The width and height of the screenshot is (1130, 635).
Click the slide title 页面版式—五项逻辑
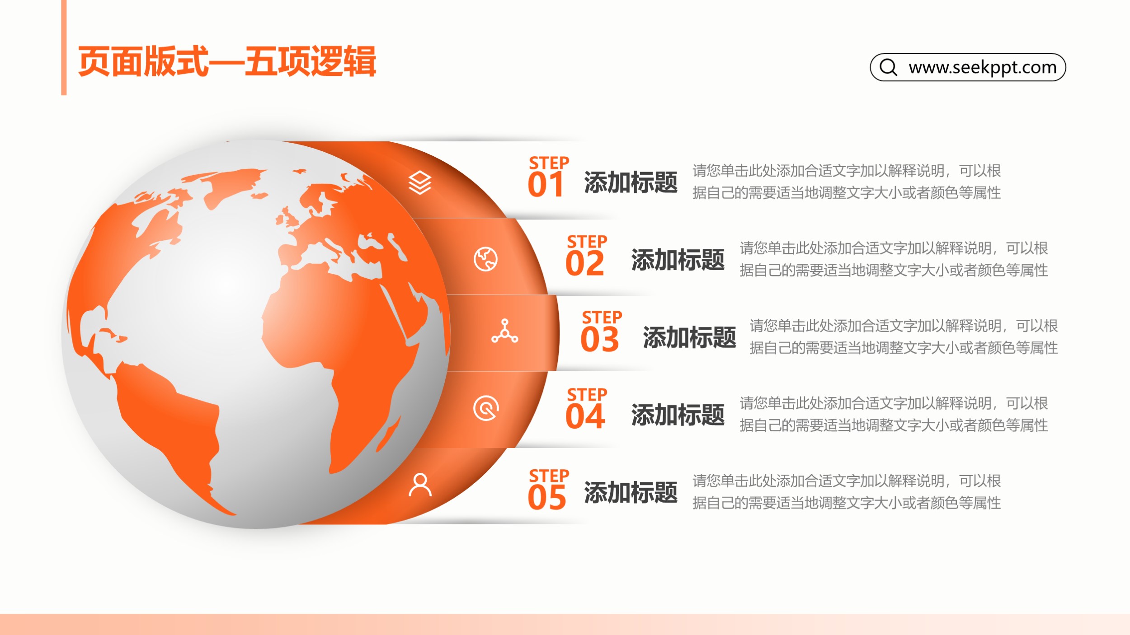point(227,61)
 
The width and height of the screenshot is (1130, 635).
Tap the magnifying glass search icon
point(888,67)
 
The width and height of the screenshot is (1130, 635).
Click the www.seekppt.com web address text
point(983,67)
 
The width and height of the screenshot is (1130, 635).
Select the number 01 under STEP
point(546,185)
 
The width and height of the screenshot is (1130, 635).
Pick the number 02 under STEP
point(585,263)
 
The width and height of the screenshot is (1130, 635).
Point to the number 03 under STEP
point(600,340)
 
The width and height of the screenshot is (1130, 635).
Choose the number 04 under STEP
point(585,416)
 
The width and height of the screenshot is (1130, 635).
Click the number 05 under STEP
point(547,497)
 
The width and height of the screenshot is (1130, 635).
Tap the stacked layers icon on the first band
point(420,182)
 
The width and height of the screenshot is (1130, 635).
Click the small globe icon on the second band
point(485,259)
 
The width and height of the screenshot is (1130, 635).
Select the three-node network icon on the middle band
point(505,331)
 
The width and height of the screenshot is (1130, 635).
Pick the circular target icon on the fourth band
point(486,408)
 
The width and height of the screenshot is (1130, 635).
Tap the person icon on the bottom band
point(420,485)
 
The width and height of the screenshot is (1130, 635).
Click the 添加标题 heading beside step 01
point(631,182)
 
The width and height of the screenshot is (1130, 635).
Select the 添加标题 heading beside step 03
point(689,337)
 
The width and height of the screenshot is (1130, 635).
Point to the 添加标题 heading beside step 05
point(631,492)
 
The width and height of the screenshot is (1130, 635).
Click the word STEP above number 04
point(587,395)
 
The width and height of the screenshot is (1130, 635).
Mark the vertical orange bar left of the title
point(64,47)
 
